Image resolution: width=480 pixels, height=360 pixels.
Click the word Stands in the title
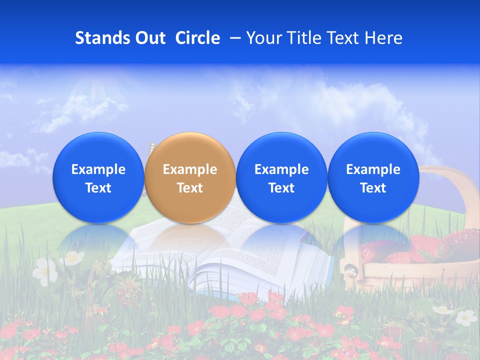[102, 38]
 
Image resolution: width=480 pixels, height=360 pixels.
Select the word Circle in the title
[197, 38]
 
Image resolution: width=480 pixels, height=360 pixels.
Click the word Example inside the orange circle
[190, 169]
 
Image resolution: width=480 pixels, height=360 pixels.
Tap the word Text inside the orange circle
[190, 188]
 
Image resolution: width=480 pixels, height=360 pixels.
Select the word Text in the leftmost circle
[98, 188]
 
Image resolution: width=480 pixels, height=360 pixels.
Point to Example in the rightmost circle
[373, 169]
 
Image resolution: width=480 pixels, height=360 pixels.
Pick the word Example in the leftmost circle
[98, 169]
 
